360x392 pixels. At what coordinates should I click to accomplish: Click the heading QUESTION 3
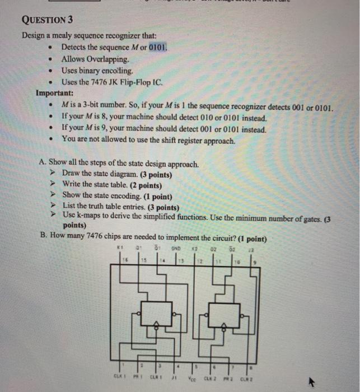tap(48, 21)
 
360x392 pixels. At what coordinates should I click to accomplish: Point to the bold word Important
tap(54, 93)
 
